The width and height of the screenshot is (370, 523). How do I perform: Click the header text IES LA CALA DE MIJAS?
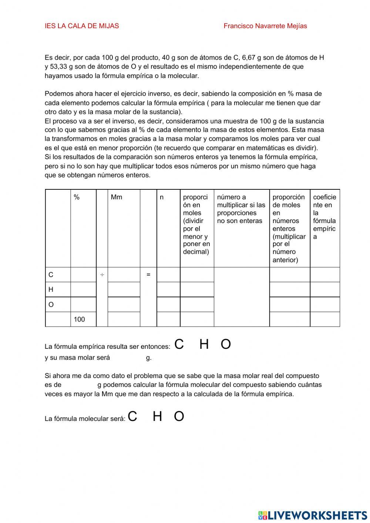click(82, 26)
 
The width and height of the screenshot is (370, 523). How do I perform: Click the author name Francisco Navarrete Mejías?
click(265, 26)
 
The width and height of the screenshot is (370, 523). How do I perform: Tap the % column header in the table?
click(77, 198)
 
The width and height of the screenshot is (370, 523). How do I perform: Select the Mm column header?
click(116, 198)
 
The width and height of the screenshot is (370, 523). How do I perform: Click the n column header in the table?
click(162, 198)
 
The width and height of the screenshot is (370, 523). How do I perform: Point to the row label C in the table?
click(51, 275)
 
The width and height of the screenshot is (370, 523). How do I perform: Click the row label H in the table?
click(51, 290)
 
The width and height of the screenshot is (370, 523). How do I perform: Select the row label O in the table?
click(51, 305)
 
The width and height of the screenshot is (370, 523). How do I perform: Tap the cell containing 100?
click(79, 320)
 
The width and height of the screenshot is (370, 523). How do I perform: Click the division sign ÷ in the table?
click(102, 275)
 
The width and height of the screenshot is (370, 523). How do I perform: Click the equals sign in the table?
click(148, 275)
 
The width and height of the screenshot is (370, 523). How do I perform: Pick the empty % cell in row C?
click(83, 275)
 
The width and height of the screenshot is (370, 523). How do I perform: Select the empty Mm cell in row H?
click(124, 290)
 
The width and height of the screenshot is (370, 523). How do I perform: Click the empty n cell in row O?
click(168, 305)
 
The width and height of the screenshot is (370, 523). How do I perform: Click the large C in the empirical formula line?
click(179, 344)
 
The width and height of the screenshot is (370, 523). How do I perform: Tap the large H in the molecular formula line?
click(158, 416)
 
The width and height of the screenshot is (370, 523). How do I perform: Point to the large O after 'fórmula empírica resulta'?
click(226, 344)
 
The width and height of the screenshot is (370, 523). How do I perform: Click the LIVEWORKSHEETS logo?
click(313, 515)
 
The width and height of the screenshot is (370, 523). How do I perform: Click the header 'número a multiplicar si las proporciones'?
click(241, 209)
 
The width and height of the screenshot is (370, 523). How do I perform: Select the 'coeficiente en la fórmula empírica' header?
click(324, 217)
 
